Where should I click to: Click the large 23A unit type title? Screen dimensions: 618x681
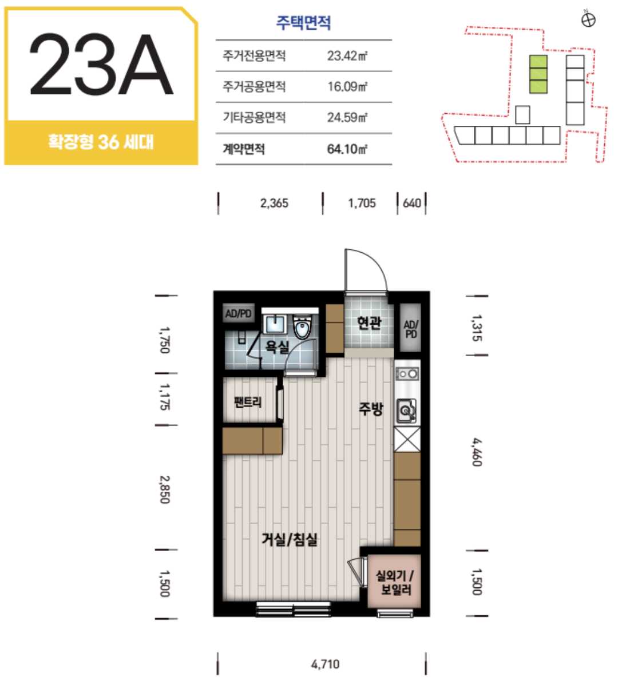coord(101,64)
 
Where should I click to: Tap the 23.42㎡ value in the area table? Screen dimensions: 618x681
coord(347,56)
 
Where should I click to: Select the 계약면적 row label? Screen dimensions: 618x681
coord(244,149)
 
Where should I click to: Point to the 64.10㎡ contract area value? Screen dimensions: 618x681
coord(347,149)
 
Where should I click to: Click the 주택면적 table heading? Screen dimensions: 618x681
coord(303,22)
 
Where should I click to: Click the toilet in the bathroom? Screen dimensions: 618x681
coord(302,326)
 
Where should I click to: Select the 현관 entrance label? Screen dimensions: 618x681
coord(369,322)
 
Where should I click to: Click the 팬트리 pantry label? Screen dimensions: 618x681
coord(248,402)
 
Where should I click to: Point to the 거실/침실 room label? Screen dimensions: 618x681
coord(290,539)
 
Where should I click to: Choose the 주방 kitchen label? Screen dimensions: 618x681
coord(371,408)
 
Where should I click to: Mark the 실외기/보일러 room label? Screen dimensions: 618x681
coord(395,583)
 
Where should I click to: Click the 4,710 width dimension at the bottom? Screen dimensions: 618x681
coord(325,664)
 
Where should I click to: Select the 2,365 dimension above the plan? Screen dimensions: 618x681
coord(274,203)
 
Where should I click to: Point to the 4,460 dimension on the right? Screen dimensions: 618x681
coord(477,452)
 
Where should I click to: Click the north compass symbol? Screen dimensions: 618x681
coord(588,19)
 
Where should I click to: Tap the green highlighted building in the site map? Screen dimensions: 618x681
coord(538,74)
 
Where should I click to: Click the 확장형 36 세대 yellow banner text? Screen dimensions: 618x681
coord(101,142)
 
